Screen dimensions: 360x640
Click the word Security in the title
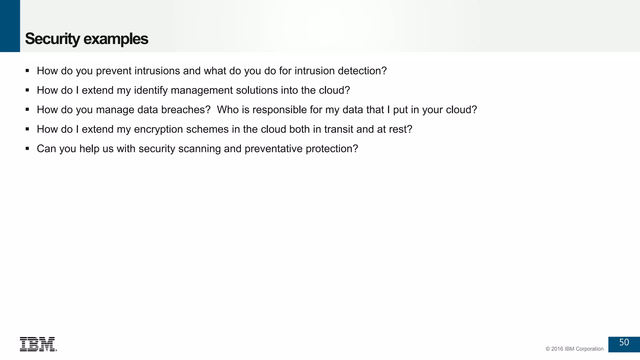pos(52,39)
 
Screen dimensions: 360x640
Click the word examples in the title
pos(116,39)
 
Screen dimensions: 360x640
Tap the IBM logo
pos(38,344)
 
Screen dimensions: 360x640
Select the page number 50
pos(624,342)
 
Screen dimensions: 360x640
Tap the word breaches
pos(186,110)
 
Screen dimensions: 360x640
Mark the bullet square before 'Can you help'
pos(27,148)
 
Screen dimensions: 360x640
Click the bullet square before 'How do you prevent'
pos(27,71)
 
